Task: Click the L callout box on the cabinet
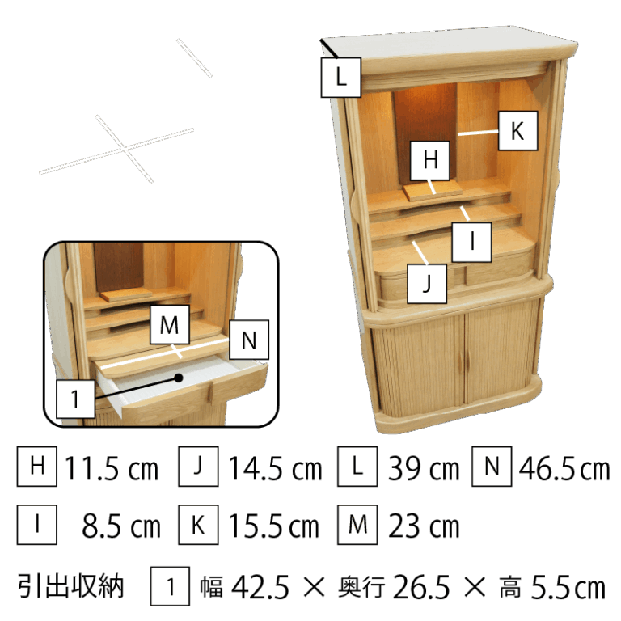(340, 78)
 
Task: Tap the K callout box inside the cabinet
(517, 131)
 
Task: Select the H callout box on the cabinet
(430, 160)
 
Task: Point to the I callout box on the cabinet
(471, 242)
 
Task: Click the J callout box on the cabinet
(427, 284)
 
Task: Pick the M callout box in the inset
(170, 325)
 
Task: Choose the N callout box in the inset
(249, 340)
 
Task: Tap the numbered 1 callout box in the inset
(76, 399)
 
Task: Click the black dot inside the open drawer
(179, 378)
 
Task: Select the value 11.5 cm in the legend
(112, 468)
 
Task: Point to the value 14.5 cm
(275, 468)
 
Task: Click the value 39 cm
(424, 468)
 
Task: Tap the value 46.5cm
(564, 468)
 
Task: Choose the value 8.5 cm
(121, 526)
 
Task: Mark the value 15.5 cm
(274, 526)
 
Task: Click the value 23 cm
(424, 526)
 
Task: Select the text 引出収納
(71, 586)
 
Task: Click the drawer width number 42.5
(260, 587)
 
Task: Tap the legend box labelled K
(198, 525)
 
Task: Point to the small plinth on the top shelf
(433, 191)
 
